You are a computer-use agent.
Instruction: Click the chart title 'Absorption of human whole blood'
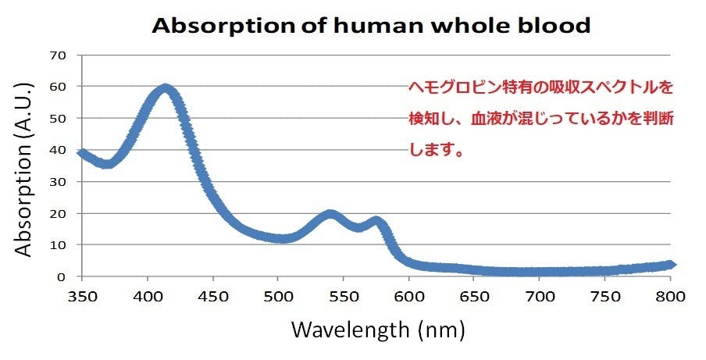point(371,25)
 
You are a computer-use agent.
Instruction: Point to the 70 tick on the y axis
point(59,55)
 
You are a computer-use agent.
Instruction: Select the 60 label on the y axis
point(59,87)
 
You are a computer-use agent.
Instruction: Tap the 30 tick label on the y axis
point(59,182)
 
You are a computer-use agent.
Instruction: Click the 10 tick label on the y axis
point(59,245)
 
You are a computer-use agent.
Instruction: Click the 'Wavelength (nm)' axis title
point(378,330)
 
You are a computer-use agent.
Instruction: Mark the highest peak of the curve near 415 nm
point(166,88)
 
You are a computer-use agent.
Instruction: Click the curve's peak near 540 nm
point(330,214)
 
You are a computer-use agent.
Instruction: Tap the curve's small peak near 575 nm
point(376,221)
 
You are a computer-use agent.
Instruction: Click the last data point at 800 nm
point(669,265)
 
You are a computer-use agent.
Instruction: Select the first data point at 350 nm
point(82,153)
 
